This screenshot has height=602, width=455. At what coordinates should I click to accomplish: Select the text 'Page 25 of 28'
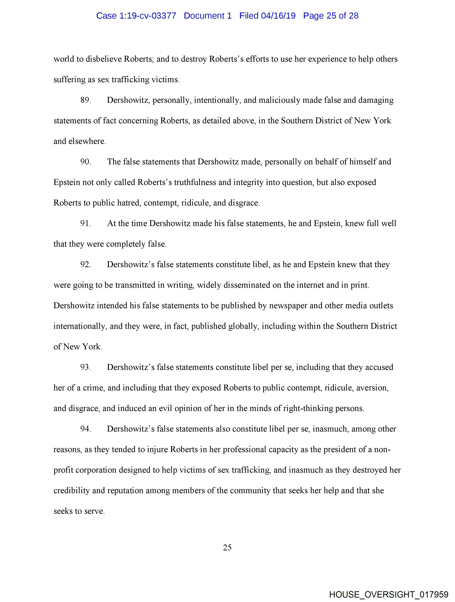click(x=331, y=16)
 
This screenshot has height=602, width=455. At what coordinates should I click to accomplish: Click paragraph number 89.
click(x=85, y=100)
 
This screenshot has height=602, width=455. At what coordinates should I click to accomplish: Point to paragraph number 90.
click(x=85, y=162)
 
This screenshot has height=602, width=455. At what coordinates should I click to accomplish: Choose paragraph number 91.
click(x=85, y=223)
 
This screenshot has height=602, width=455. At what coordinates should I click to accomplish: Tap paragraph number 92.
click(x=85, y=264)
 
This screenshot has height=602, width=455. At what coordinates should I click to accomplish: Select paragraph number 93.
click(x=85, y=367)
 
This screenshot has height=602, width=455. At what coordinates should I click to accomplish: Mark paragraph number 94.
click(x=85, y=429)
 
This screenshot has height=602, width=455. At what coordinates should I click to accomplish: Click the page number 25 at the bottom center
click(x=227, y=548)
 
